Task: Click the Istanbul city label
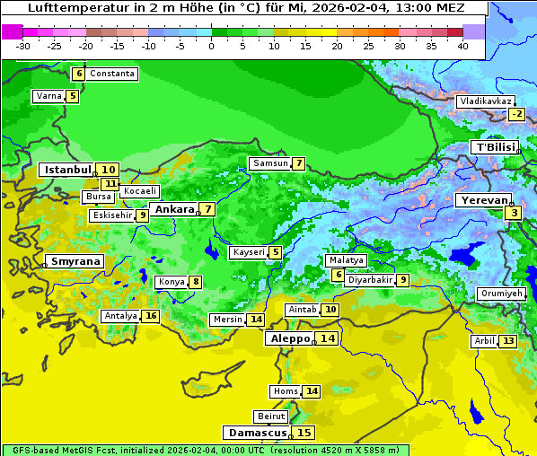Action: (68, 169)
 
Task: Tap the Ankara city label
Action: (173, 209)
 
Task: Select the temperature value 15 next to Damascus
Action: (304, 432)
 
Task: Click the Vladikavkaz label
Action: (485, 101)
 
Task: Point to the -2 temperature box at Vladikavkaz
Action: (515, 114)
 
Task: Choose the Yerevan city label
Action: (483, 200)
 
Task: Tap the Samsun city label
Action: (269, 163)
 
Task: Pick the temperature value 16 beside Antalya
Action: (151, 316)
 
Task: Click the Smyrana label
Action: (75, 261)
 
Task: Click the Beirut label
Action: (270, 417)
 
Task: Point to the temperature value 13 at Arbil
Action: (508, 341)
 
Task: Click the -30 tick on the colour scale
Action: (23, 45)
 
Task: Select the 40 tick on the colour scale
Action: (462, 45)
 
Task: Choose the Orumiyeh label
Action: (500, 294)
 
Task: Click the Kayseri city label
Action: (249, 253)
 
